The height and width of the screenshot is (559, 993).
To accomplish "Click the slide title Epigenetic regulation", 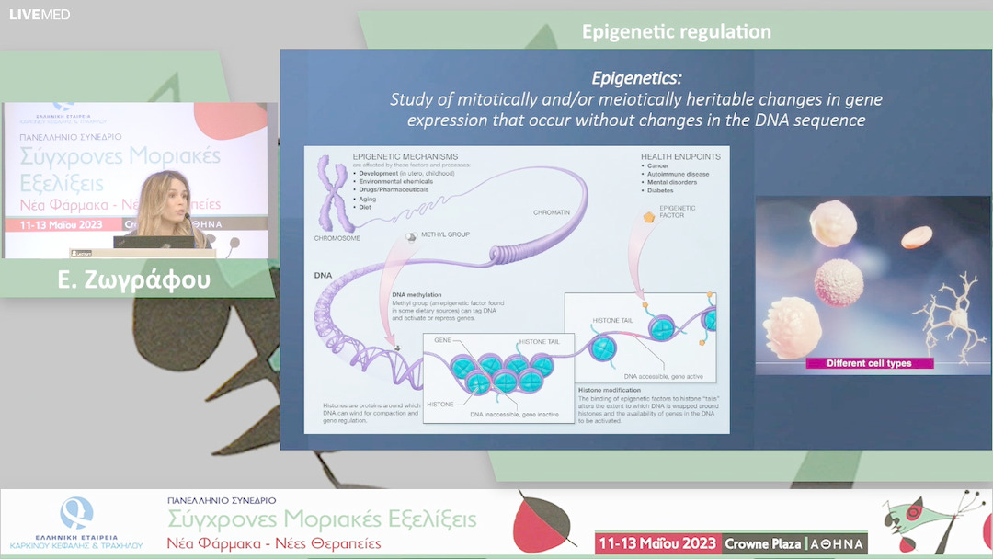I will point(676,32).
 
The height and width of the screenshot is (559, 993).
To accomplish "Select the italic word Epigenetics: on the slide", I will point(637,78).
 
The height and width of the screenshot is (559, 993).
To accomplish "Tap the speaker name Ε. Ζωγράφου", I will point(134,279).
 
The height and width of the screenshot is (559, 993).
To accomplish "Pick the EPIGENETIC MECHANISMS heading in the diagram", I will point(405,157).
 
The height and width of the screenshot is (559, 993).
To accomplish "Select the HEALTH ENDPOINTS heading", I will point(680,157).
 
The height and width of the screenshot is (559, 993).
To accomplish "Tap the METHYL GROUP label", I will point(445,234).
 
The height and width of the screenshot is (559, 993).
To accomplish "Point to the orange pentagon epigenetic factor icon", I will point(651,218).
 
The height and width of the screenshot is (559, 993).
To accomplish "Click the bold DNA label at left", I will point(323,275).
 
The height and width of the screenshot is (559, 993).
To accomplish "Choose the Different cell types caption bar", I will point(869,363).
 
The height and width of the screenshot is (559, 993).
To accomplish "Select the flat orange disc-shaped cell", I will point(917,237).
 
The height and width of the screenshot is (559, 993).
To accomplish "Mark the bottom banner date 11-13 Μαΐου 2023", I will point(656,543).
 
